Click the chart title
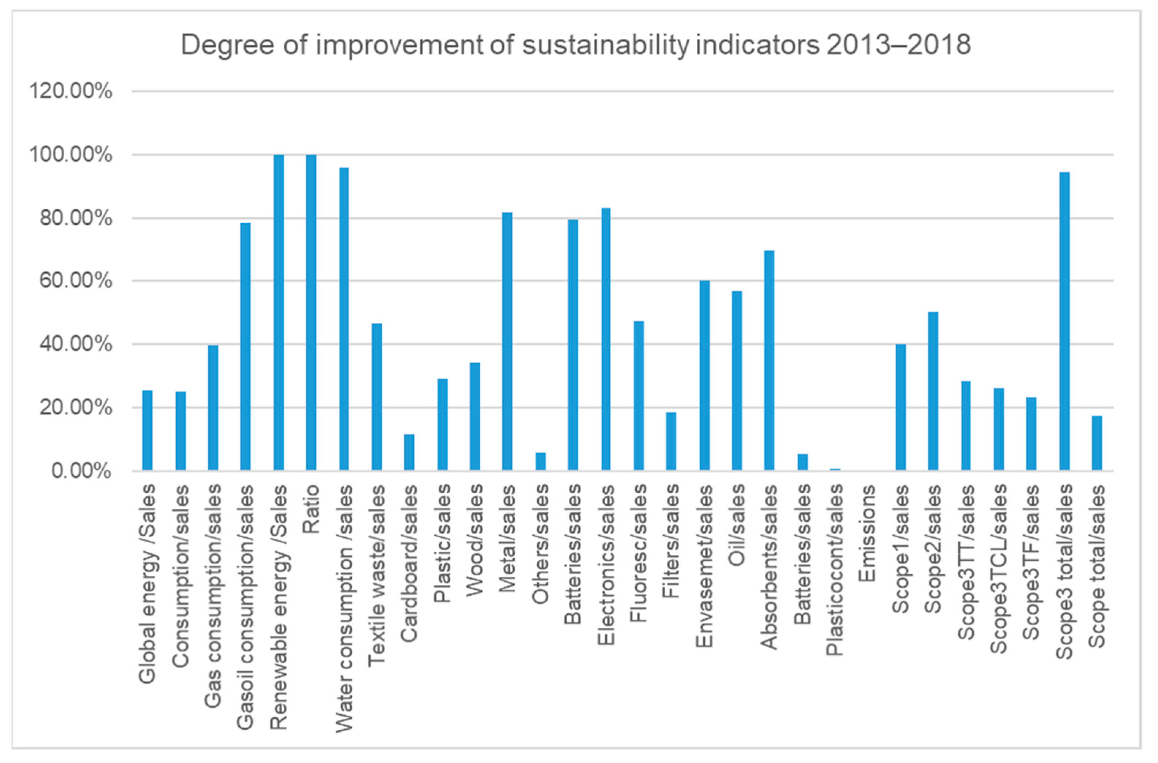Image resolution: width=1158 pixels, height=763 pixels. click(x=576, y=45)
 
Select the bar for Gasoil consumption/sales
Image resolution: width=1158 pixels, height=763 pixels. click(x=245, y=346)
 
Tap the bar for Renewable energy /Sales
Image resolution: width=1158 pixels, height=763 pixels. click(x=279, y=312)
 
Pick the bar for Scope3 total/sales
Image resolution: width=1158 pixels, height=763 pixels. click(x=1064, y=321)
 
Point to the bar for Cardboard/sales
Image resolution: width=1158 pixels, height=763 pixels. click(x=409, y=452)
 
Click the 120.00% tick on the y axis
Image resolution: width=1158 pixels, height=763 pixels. click(x=71, y=91)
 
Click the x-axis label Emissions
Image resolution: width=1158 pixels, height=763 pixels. click(x=867, y=534)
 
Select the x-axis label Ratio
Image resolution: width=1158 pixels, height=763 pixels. click(x=311, y=509)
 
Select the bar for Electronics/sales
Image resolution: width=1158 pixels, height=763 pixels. click(x=606, y=339)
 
